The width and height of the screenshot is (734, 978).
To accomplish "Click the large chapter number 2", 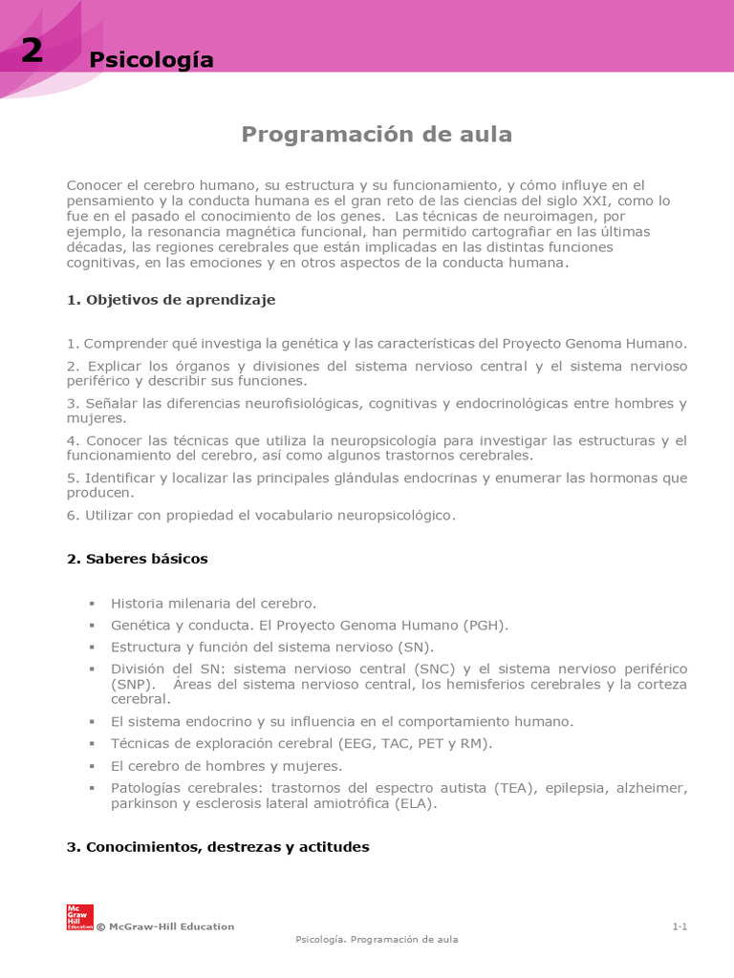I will (32, 51).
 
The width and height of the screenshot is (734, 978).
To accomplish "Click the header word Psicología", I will (151, 60).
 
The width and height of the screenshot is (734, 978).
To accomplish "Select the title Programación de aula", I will (377, 135).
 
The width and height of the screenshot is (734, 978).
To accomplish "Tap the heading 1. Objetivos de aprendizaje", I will (171, 300).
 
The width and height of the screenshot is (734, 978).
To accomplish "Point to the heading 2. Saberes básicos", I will (137, 559).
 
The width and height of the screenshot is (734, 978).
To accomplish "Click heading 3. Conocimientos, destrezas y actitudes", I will (218, 847).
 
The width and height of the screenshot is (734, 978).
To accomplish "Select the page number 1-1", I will (680, 926).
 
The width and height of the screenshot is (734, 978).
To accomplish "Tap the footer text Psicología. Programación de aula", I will (377, 940).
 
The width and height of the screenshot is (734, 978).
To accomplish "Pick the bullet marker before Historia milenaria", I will (93, 604).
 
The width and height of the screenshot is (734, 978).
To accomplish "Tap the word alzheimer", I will (650, 788).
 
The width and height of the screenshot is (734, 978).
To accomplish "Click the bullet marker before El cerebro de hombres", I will (93, 766).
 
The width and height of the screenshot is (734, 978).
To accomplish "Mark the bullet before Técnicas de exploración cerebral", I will (93, 743).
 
